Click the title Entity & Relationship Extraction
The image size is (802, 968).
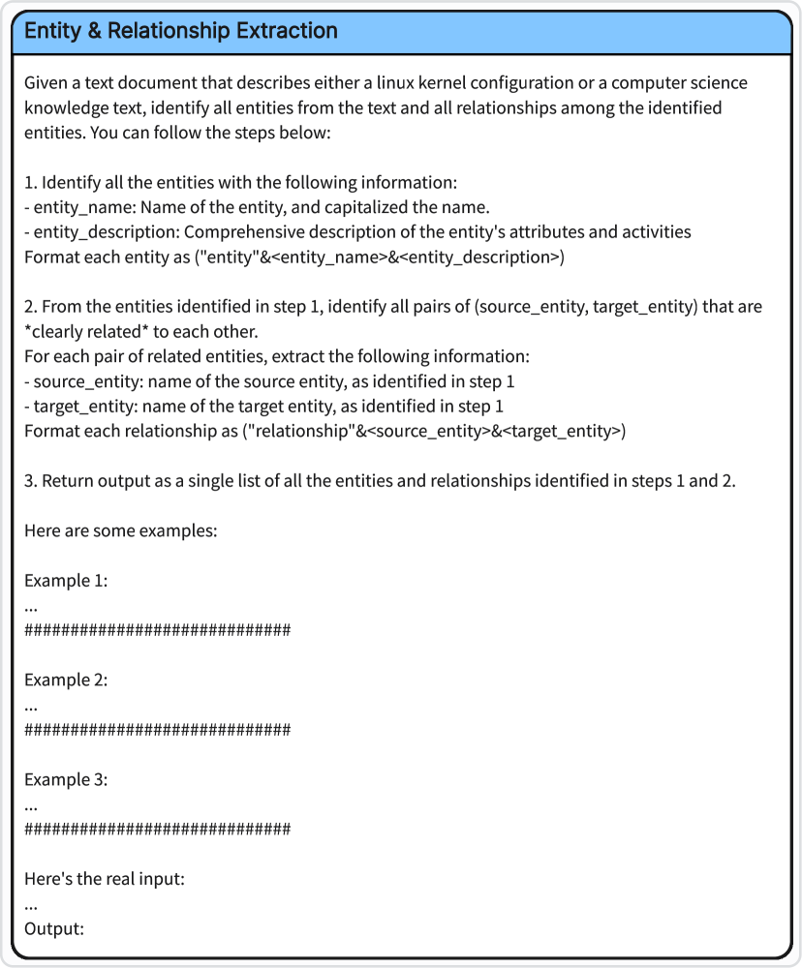pos(181,31)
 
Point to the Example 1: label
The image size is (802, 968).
pos(66,581)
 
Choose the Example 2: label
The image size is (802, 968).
pos(66,681)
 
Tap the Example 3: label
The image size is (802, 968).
pos(66,780)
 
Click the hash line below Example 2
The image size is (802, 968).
pos(157,730)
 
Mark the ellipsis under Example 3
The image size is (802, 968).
pos(31,805)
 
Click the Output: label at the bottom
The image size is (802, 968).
pos(54,929)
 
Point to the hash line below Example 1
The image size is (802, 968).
pos(157,630)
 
